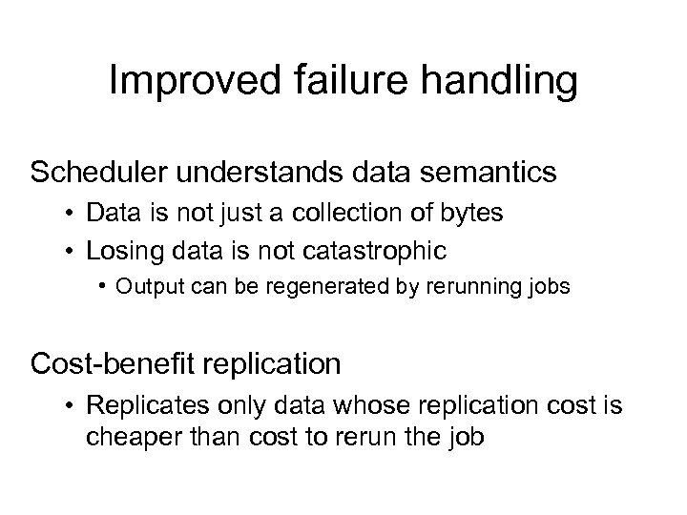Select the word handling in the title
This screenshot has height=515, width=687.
tap(495, 84)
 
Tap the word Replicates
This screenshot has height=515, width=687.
tap(135, 406)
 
